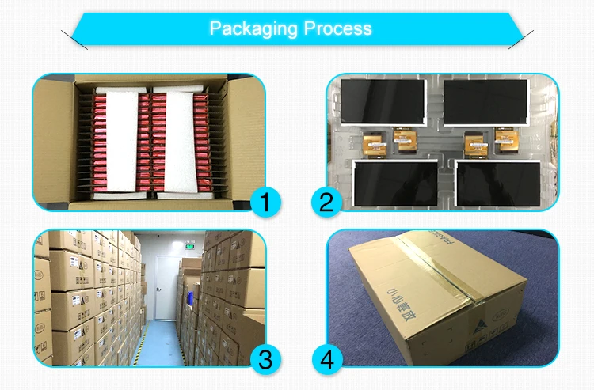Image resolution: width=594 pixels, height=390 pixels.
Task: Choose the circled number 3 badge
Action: pos(266,360)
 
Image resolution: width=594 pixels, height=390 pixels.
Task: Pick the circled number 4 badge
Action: pos(325,360)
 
